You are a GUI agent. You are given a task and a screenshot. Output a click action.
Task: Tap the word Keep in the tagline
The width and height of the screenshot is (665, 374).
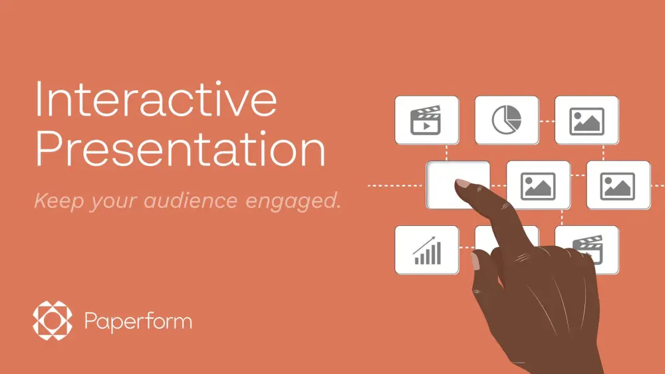click(x=55, y=200)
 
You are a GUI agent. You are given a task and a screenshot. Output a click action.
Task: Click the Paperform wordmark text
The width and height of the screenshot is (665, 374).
click(x=138, y=322)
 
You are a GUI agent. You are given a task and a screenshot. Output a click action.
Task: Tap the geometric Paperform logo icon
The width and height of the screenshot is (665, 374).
click(x=51, y=322)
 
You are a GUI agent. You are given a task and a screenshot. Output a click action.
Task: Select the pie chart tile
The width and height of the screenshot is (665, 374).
click(x=507, y=120)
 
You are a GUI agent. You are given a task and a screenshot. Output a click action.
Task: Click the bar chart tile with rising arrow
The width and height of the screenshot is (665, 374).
click(x=427, y=250)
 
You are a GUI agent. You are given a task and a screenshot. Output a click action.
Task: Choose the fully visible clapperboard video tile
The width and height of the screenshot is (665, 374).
click(x=427, y=120)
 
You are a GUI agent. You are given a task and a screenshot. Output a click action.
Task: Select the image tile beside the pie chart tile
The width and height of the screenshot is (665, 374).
click(x=587, y=120)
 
